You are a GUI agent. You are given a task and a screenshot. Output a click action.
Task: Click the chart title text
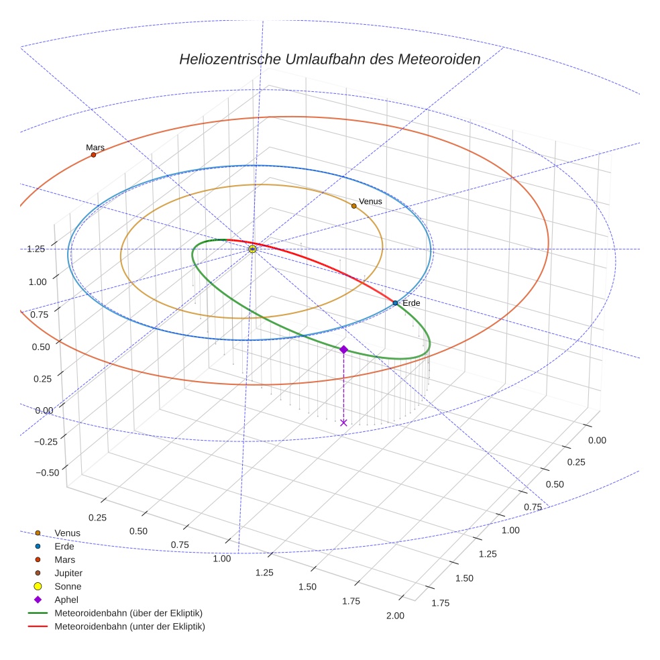[x=329, y=59]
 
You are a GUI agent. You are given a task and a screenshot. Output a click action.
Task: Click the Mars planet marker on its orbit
[x=93, y=155]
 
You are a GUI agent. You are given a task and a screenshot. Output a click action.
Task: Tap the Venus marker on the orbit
[x=354, y=206]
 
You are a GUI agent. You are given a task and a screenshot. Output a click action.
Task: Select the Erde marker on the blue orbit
[x=395, y=303]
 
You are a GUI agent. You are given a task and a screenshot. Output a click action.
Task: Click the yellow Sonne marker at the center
[x=252, y=249]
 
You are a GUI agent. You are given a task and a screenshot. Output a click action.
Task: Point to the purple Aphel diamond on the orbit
[x=343, y=349]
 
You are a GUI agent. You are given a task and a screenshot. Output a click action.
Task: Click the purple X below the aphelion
[x=343, y=423]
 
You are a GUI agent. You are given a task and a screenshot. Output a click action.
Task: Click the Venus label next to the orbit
[x=370, y=201]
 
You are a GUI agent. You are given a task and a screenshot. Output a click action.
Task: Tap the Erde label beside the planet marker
[x=411, y=304]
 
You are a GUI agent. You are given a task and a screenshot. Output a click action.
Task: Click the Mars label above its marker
[x=95, y=148]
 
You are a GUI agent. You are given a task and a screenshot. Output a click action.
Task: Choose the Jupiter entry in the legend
[x=68, y=573]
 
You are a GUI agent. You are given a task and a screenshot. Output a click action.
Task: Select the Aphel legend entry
[x=66, y=600]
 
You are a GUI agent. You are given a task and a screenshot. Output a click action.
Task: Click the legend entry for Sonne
[x=67, y=586]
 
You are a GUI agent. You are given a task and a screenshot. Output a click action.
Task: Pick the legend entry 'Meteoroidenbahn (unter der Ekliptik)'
[x=129, y=626]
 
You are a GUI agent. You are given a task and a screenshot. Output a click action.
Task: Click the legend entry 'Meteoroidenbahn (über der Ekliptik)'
[x=128, y=613]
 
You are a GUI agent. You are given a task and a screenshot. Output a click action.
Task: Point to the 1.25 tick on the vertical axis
[x=36, y=249]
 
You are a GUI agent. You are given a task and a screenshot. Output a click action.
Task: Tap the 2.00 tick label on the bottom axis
[x=395, y=616]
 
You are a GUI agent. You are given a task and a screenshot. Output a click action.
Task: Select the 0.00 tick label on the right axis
[x=596, y=440]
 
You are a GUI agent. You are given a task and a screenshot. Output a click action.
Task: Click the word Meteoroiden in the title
[x=438, y=59]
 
